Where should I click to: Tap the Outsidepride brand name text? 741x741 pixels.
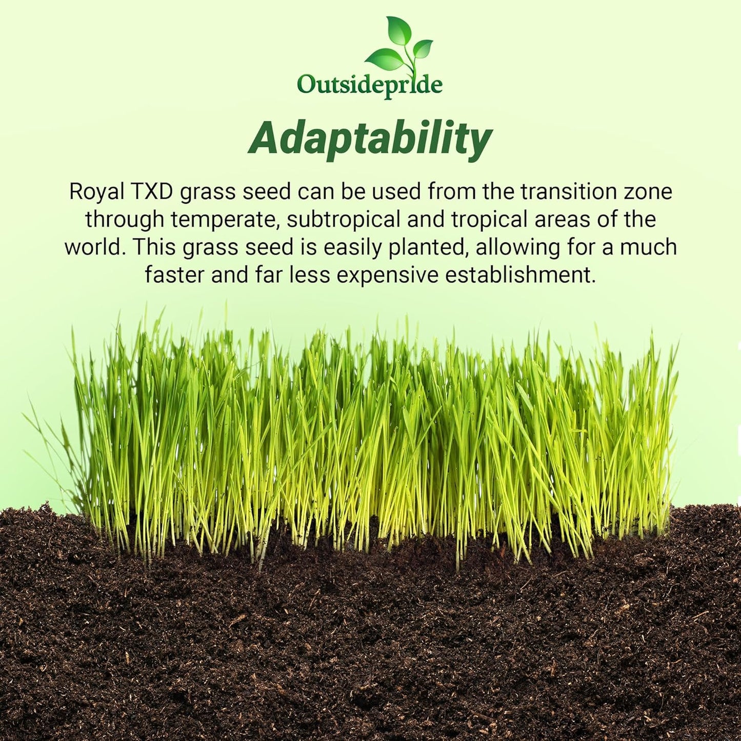pos(370,85)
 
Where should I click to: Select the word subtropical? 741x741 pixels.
pos(343,219)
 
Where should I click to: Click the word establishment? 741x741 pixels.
pos(520,275)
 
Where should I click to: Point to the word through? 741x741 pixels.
pos(125,219)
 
